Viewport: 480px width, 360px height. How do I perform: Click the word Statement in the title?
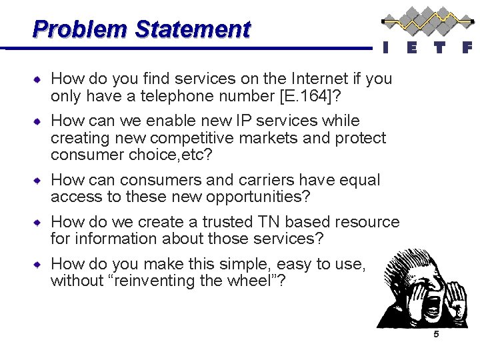tap(193, 29)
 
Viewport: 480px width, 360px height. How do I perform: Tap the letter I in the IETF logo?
tap(385, 47)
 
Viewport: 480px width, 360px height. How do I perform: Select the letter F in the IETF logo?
tap(467, 47)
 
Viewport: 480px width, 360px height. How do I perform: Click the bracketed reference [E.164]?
tap(312, 96)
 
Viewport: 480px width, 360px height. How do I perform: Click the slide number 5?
tap(436, 335)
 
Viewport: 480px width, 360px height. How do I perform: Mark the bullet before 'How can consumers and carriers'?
tap(41, 181)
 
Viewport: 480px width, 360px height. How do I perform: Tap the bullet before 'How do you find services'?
tap(41, 79)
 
